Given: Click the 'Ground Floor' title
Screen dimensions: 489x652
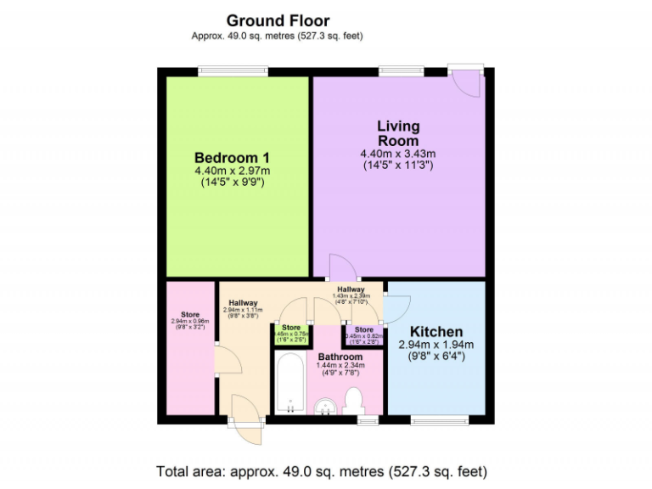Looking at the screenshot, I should coord(278,20).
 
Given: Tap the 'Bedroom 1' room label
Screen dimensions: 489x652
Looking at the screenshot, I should coord(232,158).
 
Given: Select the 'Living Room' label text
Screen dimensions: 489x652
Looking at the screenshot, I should coord(398,133).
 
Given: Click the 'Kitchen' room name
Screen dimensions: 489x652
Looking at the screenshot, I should coord(436,331).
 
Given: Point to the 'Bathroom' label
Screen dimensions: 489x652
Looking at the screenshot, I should coord(340,357).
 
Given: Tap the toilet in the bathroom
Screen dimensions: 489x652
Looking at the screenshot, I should coord(354,399).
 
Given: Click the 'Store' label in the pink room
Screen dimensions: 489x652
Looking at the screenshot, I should coord(190,314).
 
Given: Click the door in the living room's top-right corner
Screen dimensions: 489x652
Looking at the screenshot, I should coord(466,81).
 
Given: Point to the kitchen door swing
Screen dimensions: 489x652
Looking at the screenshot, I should coord(397,306).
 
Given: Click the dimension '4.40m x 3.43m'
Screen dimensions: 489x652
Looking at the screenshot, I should coord(398,154).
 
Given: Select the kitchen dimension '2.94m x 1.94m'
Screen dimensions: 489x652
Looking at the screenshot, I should coord(436,345).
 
